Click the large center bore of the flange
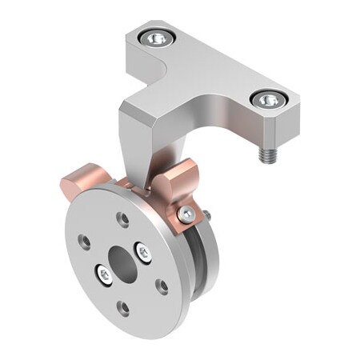(x=122, y=258)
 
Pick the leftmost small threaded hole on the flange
(x=83, y=238)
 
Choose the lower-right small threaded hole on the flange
(x=162, y=286)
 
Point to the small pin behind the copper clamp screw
(x=206, y=214)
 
